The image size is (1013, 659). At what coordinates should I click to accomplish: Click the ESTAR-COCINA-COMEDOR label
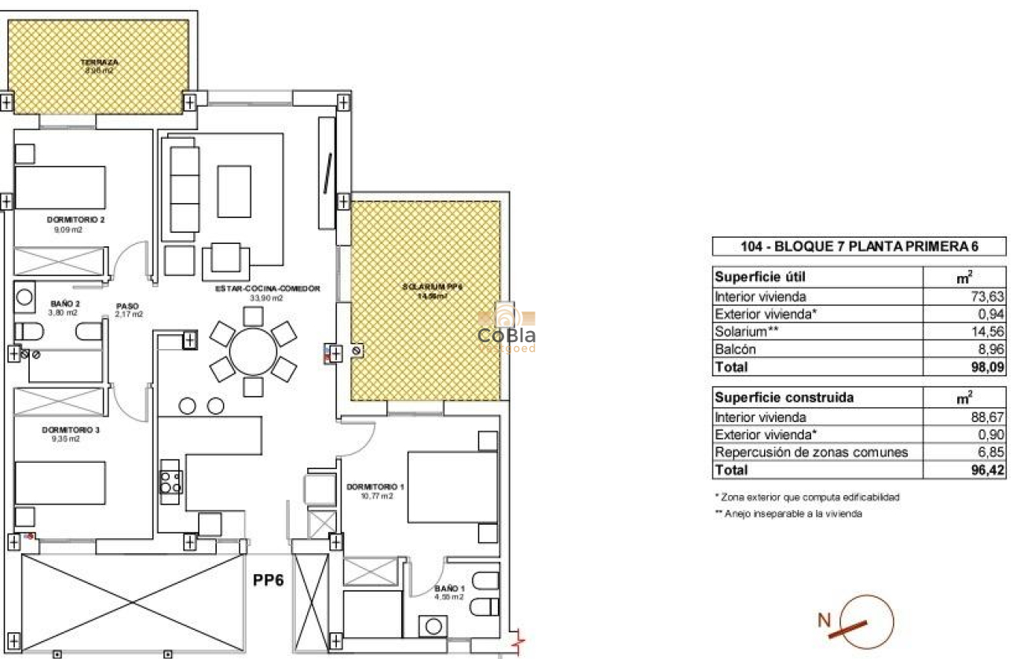click(268, 289)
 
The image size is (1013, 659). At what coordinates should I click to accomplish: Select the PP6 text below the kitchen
click(268, 581)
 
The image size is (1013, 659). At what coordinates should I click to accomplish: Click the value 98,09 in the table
click(988, 367)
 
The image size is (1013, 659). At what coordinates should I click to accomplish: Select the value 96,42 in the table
click(988, 471)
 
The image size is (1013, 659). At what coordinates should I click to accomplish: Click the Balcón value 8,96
click(990, 349)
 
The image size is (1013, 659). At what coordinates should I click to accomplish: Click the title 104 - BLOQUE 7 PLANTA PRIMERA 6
click(859, 246)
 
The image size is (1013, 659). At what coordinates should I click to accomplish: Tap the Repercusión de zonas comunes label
click(811, 453)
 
